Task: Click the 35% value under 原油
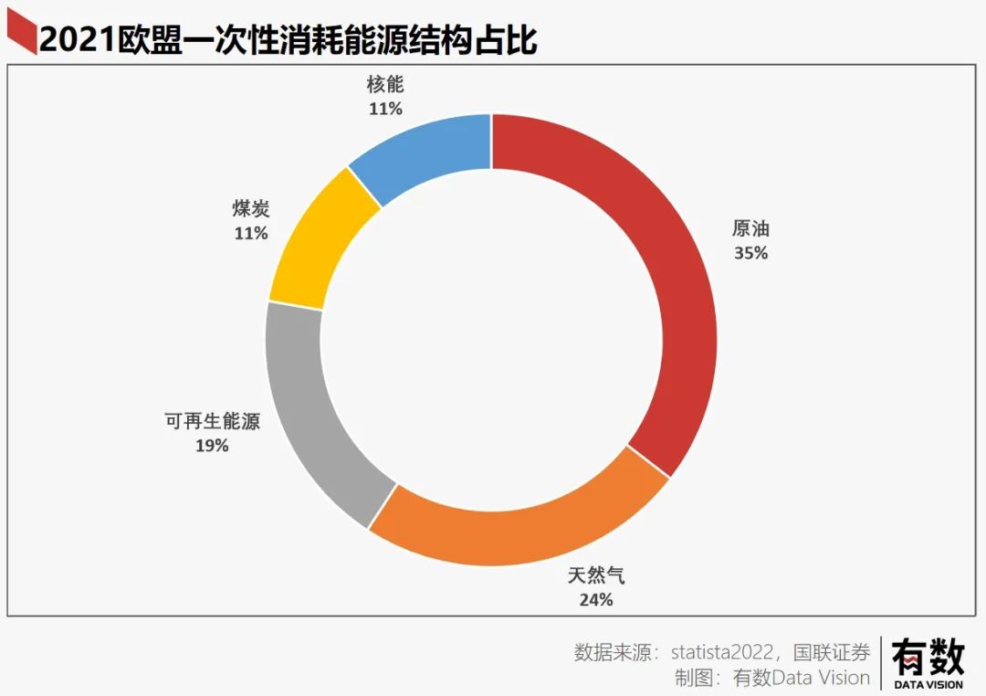coord(750,253)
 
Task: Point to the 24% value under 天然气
coord(595,600)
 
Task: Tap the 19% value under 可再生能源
coord(212,446)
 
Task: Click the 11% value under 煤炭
coord(251,233)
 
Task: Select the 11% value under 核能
coord(385,109)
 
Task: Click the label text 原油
coord(750,229)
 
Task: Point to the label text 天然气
coord(596,576)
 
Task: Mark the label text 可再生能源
coord(212,422)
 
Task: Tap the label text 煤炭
coord(251,209)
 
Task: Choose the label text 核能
coord(385,85)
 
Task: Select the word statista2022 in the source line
coord(724,652)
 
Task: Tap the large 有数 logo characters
coord(928,657)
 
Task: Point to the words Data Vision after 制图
coord(821,678)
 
